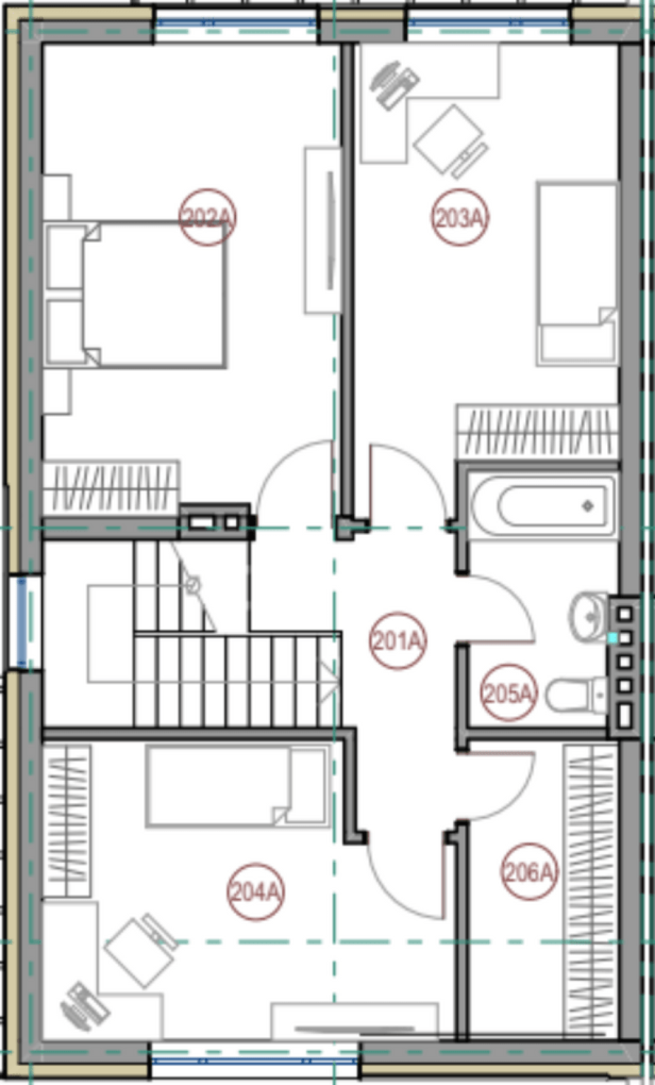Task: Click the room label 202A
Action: (207, 218)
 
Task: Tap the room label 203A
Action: (460, 218)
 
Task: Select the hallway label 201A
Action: (398, 641)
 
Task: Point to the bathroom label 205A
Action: (509, 694)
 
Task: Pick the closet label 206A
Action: (529, 872)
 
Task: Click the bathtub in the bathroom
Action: (543, 506)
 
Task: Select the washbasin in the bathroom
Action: (588, 616)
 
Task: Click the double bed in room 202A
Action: (135, 294)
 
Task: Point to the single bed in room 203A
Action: (577, 273)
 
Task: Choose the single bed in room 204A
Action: (237, 786)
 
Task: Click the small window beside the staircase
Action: (22, 622)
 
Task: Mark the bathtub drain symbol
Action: (587, 506)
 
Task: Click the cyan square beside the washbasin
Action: (613, 639)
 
